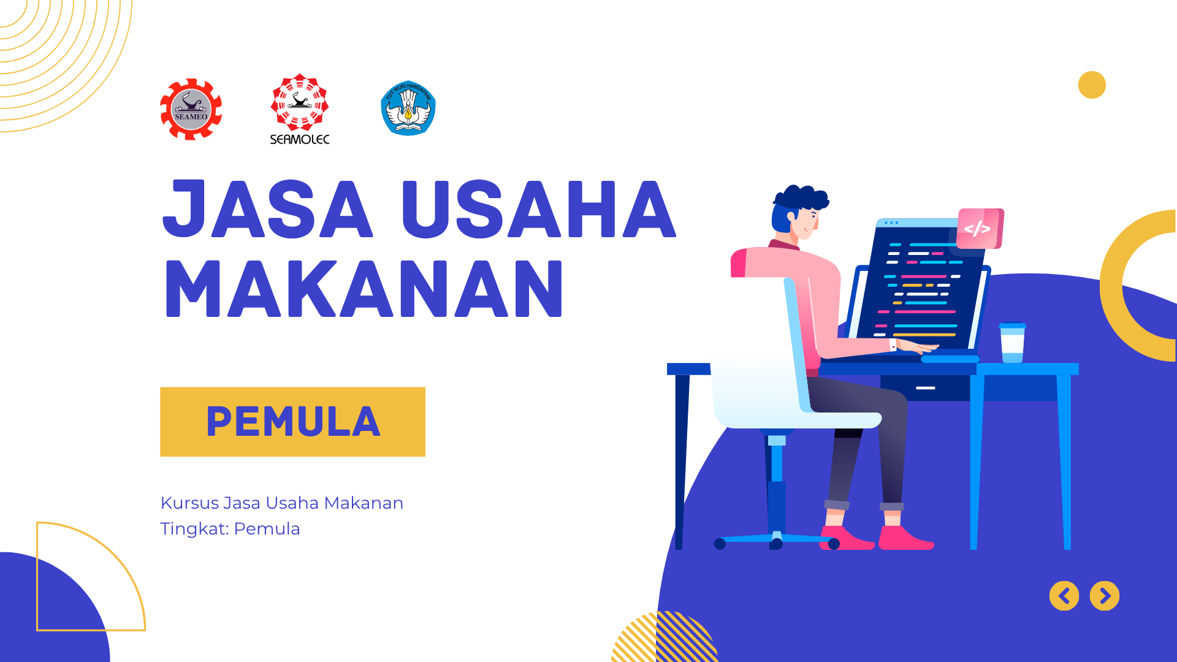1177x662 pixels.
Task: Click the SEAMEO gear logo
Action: click(191, 110)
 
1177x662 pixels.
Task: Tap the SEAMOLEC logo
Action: click(300, 110)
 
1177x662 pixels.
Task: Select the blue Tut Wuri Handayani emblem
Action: click(408, 108)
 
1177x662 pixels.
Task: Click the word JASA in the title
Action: click(267, 209)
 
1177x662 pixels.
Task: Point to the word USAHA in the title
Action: click(538, 209)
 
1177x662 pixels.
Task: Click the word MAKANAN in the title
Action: click(364, 289)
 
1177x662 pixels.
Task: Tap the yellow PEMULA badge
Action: click(292, 422)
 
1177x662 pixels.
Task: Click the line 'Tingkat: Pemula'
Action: click(230, 528)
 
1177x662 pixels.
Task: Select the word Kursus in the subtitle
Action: click(189, 503)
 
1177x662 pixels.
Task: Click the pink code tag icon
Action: click(979, 229)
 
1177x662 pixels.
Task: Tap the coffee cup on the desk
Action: click(1012, 343)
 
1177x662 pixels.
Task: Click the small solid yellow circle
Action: click(1092, 85)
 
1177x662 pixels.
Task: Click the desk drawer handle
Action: click(925, 388)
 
